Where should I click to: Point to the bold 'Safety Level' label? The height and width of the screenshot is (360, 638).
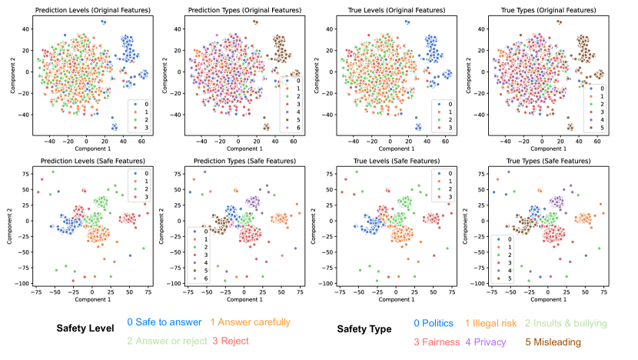click(x=87, y=328)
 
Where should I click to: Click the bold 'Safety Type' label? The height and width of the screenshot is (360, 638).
click(x=364, y=328)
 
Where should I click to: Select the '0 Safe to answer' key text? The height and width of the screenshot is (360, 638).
click(x=164, y=322)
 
